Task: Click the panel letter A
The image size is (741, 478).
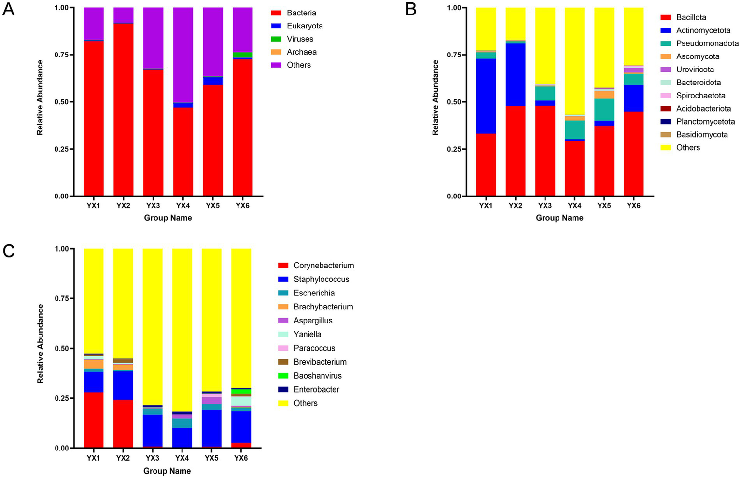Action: (x=9, y=9)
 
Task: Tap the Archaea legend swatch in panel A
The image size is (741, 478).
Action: (x=276, y=52)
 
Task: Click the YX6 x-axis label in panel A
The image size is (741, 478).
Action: (x=242, y=206)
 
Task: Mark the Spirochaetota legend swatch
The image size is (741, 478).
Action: (x=666, y=96)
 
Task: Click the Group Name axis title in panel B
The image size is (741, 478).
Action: (x=559, y=218)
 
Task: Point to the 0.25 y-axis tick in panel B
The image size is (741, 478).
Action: (x=457, y=149)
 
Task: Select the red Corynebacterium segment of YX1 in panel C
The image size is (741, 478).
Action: (x=94, y=420)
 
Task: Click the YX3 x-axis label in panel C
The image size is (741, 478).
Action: (x=153, y=458)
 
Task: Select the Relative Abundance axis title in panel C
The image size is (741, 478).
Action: (x=41, y=344)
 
